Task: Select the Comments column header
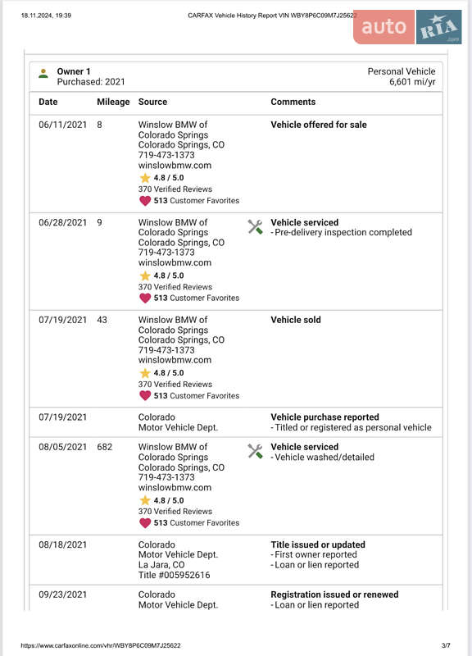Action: pos(293,102)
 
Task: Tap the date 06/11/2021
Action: pos(62,125)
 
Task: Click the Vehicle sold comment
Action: pos(296,320)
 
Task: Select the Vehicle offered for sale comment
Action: pos(319,125)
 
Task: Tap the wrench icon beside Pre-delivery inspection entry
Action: pos(255,227)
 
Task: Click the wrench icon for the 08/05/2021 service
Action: pos(255,452)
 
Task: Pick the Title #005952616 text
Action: pos(174,575)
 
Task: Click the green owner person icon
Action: pos(43,74)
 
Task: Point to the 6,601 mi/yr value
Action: pos(412,82)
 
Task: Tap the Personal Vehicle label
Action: pos(402,71)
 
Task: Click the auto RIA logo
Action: pos(407,27)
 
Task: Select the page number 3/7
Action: pos(446,645)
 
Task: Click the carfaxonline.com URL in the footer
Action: pos(101,645)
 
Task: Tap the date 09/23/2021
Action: pos(62,594)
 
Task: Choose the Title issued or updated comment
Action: pos(318,544)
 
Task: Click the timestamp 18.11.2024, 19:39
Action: pos(46,15)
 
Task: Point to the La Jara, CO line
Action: pos(161,565)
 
